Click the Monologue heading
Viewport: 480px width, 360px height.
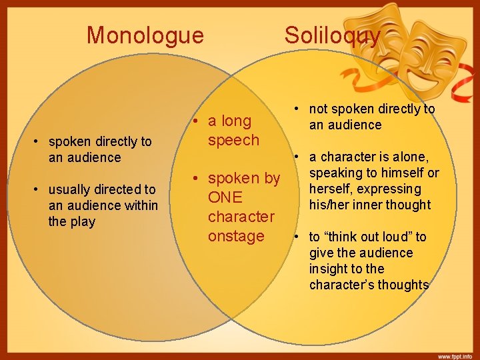(x=145, y=35)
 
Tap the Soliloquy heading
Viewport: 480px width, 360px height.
(x=333, y=35)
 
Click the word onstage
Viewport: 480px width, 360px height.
(x=236, y=237)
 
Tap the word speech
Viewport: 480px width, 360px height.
(x=233, y=140)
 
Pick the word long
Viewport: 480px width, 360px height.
(x=237, y=121)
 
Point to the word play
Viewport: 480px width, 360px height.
(x=82, y=221)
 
